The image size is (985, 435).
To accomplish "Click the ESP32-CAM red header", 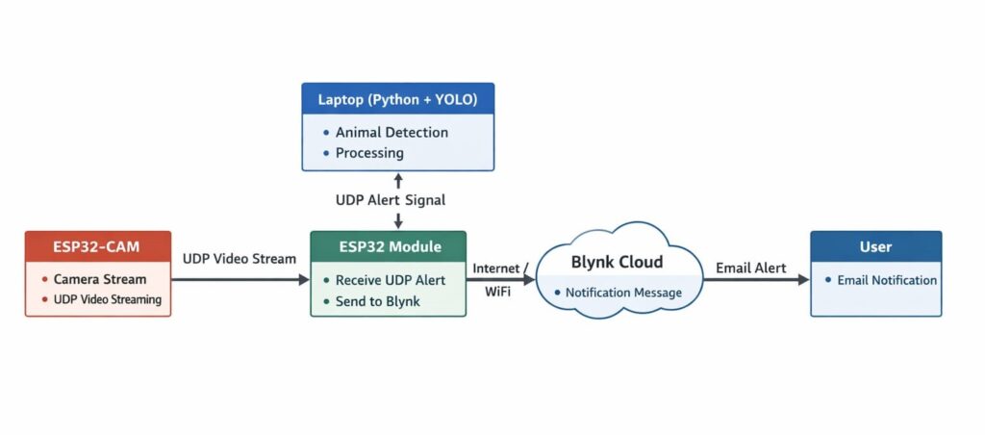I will pos(97,246).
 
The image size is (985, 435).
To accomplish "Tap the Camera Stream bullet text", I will pos(100,279).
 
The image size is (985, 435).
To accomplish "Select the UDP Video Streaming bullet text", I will pos(107,299).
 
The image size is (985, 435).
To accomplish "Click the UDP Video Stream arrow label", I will pos(240,259).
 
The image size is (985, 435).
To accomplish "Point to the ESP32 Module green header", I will pos(389,246).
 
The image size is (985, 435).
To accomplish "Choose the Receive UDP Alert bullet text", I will pos(390,280).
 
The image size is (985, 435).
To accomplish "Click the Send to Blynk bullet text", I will pos(378,301).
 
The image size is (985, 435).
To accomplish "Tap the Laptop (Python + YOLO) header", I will pos(397,98).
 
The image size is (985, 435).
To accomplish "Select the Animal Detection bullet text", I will pos(391,132).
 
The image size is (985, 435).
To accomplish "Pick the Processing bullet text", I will pos(369,152).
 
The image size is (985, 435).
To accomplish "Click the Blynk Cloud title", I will pos(617,261).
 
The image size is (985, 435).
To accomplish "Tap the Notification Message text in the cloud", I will pos(623,293).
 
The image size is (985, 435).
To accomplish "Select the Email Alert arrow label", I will pos(750,269).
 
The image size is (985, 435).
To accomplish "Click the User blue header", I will pos(875,246).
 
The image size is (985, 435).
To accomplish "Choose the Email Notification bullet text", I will pos(886,280).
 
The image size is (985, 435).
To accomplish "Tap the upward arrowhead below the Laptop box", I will pos(398,177).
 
